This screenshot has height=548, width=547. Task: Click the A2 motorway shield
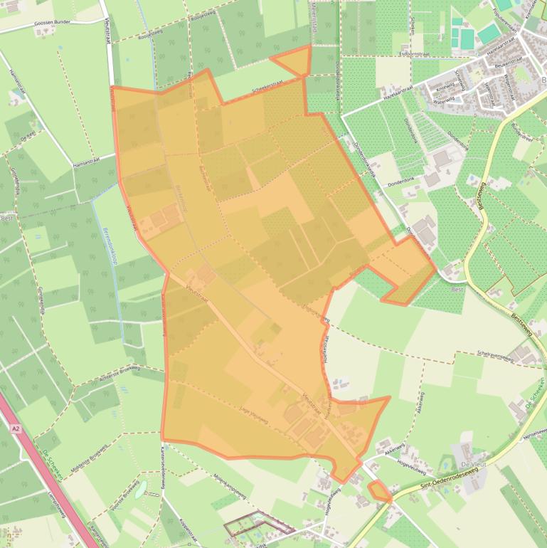(16, 429)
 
